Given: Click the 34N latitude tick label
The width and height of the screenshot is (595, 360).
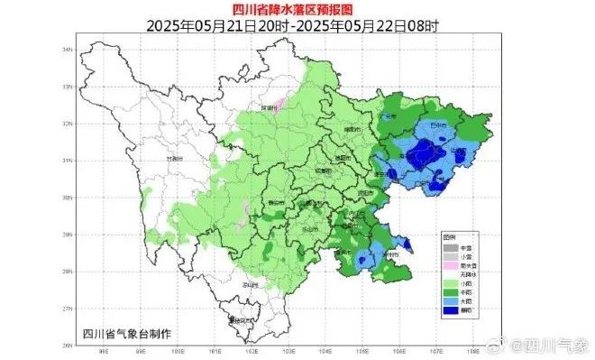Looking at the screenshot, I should click(x=67, y=49).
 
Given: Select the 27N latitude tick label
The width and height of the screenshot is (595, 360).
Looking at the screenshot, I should click(x=67, y=309).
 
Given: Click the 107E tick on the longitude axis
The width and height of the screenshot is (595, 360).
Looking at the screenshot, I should click(x=436, y=350).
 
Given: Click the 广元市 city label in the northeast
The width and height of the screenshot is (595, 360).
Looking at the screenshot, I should click(x=389, y=116).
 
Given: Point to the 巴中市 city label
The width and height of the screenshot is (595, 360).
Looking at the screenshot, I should click(x=438, y=126).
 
